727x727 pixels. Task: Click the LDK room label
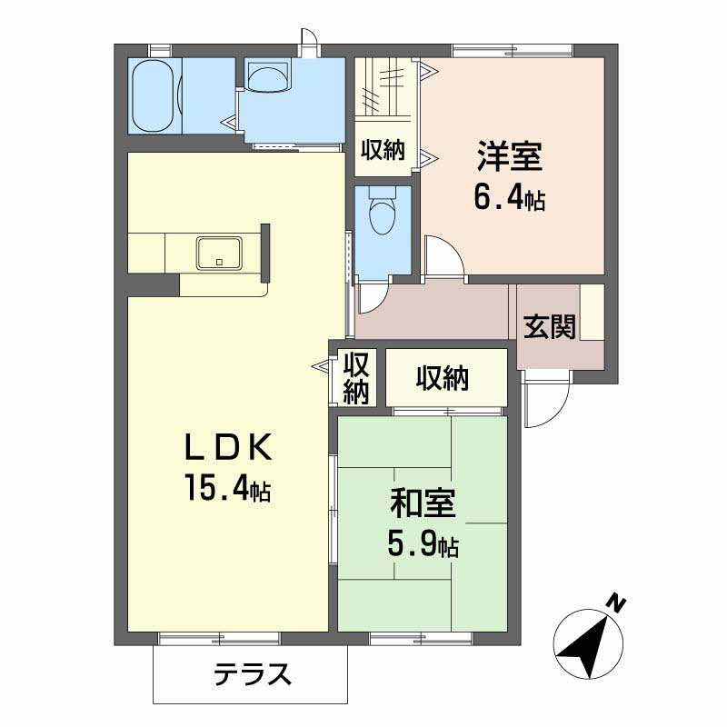[227, 447]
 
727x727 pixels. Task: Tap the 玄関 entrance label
[550, 326]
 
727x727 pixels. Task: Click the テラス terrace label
[252, 673]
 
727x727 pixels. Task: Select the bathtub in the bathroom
[154, 95]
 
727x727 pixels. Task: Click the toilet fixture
[382, 214]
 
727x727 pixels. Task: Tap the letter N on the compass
[617, 601]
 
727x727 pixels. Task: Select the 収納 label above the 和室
[443, 378]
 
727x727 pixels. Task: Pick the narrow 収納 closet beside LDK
[356, 376]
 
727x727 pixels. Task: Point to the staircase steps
[385, 86]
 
